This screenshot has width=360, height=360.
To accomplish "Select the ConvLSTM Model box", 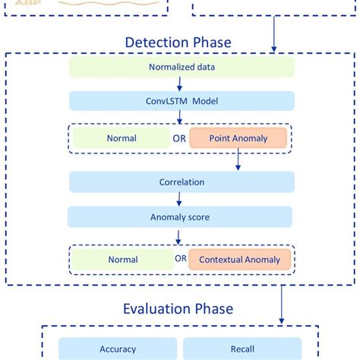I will [x=181, y=101].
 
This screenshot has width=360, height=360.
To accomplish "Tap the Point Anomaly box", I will [x=238, y=138].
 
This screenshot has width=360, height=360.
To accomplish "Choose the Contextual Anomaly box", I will [x=239, y=259].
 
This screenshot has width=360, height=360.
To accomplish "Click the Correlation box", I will [x=181, y=182].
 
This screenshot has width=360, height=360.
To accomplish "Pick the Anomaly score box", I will [x=181, y=217].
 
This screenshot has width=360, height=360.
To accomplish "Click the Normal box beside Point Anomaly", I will [x=122, y=138].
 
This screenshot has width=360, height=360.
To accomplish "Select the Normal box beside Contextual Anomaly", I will [x=122, y=259].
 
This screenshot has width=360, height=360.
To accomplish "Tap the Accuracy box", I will [x=118, y=349].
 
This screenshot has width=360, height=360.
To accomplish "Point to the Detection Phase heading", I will [x=179, y=43].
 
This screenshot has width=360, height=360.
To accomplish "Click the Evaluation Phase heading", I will [x=178, y=308].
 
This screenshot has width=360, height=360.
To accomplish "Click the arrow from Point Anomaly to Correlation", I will [x=238, y=160].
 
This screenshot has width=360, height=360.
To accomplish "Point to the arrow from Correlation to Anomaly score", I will [x=180, y=200].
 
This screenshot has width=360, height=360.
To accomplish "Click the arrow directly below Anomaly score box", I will [x=180, y=236].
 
